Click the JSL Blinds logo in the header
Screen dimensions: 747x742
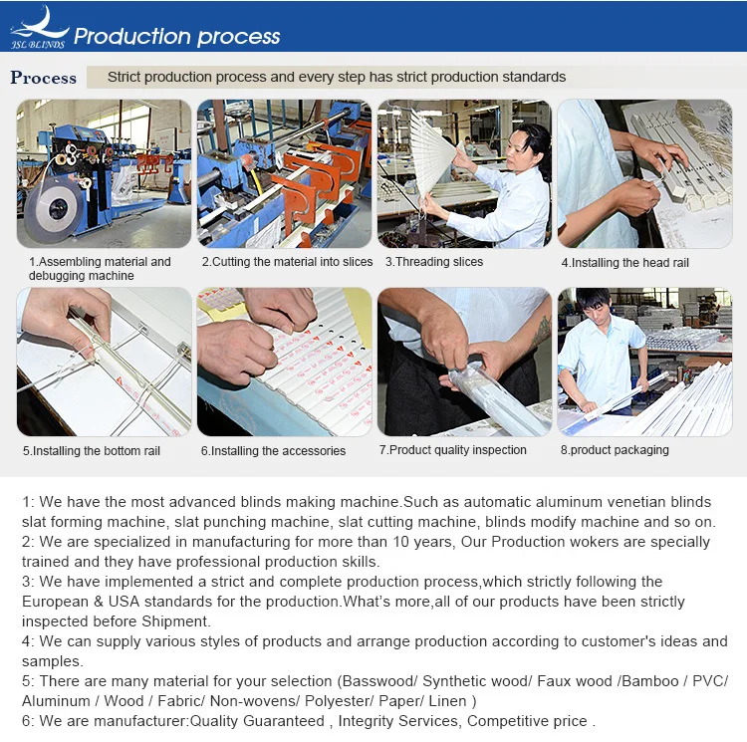point(39,28)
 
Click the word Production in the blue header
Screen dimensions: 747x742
point(131,36)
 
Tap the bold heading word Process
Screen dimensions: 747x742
point(44,78)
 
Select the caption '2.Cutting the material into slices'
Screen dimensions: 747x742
point(287,262)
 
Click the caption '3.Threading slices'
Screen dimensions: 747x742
point(434,262)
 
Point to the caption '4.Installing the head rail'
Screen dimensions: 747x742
point(625,263)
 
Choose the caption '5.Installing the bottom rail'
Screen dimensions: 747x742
point(92,451)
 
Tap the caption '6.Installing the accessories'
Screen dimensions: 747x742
point(273,451)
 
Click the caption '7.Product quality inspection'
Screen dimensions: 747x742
point(452,450)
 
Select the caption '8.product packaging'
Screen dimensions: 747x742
point(615,450)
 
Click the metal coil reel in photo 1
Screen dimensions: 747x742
point(54,207)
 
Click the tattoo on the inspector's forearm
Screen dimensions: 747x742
point(542,332)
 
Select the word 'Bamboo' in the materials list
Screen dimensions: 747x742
point(649,681)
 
